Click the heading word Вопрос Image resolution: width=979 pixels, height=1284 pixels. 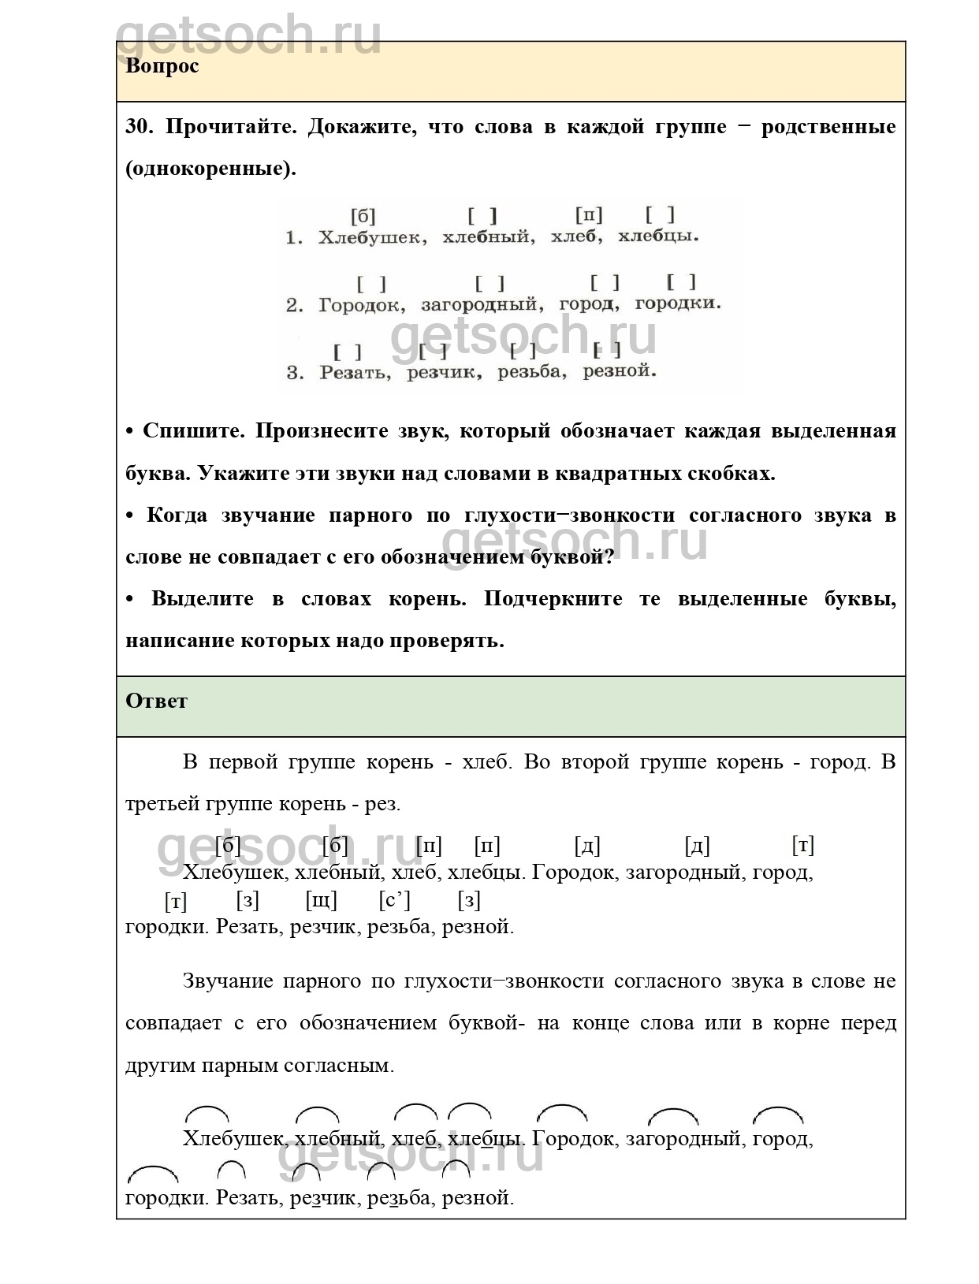[x=162, y=66]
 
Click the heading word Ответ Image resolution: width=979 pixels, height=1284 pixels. [x=156, y=701]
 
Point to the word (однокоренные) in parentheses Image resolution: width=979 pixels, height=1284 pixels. [x=210, y=169]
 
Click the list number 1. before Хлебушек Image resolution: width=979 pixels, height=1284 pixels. [x=293, y=238]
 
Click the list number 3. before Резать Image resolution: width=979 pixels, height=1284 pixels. [x=294, y=373]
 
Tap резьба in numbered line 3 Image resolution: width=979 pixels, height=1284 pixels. [x=531, y=372]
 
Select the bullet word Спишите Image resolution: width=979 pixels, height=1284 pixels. [x=194, y=431]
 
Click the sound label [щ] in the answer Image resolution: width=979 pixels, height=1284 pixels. [x=321, y=900]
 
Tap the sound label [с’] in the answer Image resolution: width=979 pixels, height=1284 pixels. [x=394, y=900]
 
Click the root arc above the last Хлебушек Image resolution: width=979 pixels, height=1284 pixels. [x=207, y=1114]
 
